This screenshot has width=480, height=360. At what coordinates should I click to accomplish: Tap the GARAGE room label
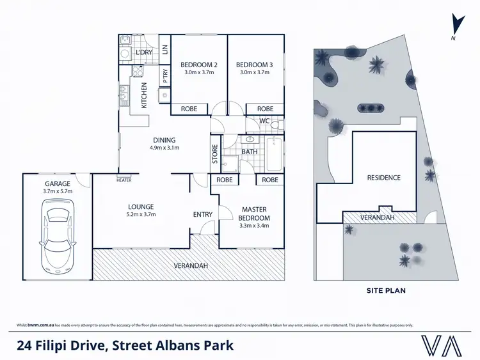[x=57, y=184]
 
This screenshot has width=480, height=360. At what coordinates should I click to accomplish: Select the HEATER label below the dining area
[x=124, y=180]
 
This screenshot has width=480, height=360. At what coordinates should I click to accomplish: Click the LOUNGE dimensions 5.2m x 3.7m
[x=141, y=215]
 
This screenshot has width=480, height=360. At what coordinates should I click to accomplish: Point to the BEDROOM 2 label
[x=199, y=65]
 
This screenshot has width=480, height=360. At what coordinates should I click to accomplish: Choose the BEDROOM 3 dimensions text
[x=255, y=73]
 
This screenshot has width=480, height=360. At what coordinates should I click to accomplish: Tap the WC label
[x=264, y=121]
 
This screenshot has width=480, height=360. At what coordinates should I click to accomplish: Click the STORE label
[x=215, y=155]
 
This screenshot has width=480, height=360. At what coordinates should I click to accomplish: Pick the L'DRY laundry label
[x=144, y=52]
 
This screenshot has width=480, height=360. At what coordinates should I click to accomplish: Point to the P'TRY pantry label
[x=165, y=77]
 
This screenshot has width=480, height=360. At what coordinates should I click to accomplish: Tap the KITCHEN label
[x=144, y=95]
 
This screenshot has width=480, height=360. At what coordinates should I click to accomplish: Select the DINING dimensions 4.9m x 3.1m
[x=164, y=148]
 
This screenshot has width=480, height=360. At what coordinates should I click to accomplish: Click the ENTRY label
[x=203, y=214]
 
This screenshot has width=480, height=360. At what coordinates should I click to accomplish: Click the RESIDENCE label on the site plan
[x=383, y=178]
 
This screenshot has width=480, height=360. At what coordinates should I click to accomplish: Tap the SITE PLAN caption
[x=385, y=290]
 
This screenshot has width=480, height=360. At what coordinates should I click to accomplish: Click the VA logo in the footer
[x=442, y=345]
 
